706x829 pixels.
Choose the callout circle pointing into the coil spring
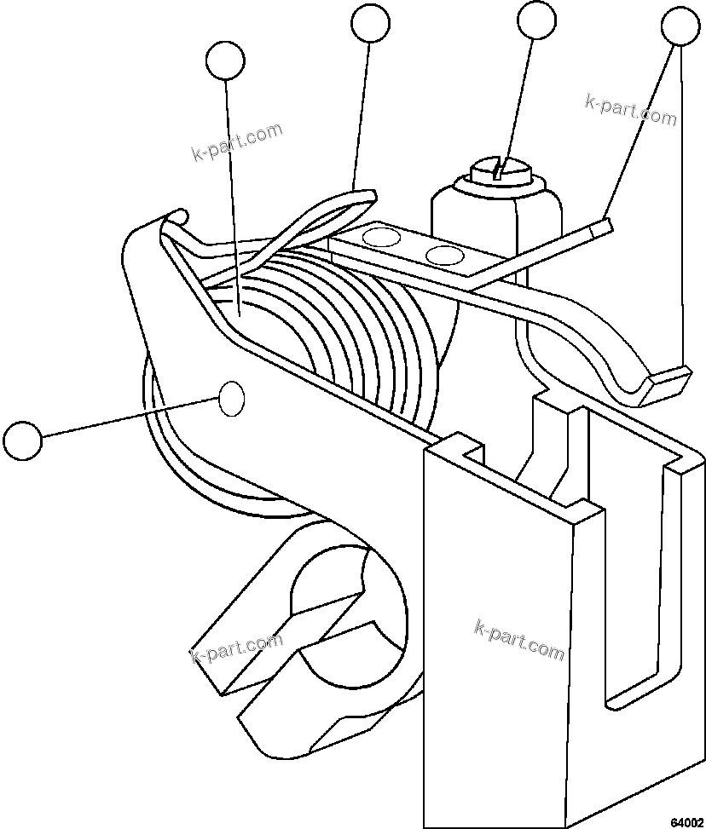tap(225, 60)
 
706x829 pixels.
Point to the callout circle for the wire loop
tap(371, 22)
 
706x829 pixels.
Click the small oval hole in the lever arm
tap(233, 399)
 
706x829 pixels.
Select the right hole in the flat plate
tap(443, 254)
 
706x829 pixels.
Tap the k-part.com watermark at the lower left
tap(236, 649)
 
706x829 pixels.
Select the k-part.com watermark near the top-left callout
tap(236, 142)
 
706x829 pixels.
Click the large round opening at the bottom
tap(341, 622)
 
